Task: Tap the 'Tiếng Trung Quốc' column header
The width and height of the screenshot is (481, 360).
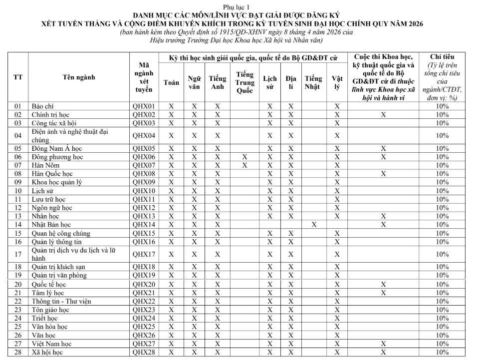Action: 244,82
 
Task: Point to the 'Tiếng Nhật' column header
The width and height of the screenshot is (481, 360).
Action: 313,82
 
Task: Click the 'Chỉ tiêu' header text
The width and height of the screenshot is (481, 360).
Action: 442,56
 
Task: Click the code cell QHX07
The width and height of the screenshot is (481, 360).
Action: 144,165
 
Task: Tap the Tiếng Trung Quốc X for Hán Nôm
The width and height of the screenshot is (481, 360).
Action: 244,165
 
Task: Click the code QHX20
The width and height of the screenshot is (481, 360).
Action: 144,284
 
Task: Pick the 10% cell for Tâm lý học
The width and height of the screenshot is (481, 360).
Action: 442,293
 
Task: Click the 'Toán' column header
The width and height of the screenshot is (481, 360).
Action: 171,82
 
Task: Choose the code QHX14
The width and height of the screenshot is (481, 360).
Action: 144,225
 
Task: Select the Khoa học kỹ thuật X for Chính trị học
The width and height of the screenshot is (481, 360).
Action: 383,115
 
